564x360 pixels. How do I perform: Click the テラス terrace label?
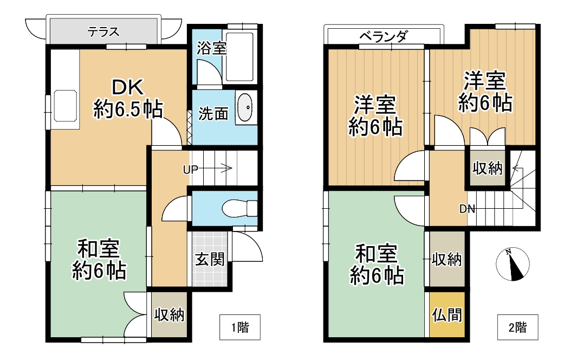(103, 31)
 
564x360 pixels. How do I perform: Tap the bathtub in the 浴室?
(239, 57)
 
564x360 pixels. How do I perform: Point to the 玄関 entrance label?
(209, 260)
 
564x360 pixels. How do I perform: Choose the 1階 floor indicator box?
(240, 327)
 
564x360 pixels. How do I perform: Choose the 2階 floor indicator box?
(517, 327)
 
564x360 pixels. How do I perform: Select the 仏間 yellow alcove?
(447, 314)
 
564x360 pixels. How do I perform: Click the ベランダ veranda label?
(383, 37)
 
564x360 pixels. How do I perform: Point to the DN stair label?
(467, 209)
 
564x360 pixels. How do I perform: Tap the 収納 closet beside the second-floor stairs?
(487, 168)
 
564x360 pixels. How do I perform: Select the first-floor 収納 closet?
(169, 315)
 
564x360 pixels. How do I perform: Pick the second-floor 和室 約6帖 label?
(376, 265)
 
